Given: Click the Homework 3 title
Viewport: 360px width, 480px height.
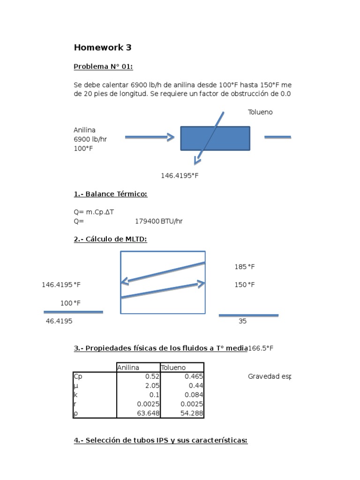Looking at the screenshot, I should pos(103,47).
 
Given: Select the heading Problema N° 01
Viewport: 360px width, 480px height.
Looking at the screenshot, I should pos(103,67).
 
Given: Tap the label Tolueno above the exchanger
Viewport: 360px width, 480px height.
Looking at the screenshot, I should pos(260,112).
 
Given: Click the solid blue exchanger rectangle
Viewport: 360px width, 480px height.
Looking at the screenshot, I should pos(215,138).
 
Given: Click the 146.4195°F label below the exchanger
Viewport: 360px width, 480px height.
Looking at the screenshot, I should pos(180,175).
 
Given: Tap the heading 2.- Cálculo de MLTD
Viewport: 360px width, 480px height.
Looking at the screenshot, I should pos(110,239).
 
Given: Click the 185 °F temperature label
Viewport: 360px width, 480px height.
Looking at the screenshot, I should pos(245,267).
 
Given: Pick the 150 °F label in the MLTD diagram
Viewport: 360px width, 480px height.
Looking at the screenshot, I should pos(245,285).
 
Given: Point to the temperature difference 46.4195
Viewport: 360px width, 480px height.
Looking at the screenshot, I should pos(59,322).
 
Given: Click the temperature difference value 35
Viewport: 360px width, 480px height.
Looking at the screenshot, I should pos(242,322).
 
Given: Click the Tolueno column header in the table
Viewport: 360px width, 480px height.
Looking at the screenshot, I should pos(173,367).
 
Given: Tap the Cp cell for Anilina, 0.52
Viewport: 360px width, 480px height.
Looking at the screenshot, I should pos(153,376).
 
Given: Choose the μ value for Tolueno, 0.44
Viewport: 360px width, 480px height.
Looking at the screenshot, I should pos(196,386).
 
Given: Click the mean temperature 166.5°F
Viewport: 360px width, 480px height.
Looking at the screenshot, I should pos(261,348).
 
